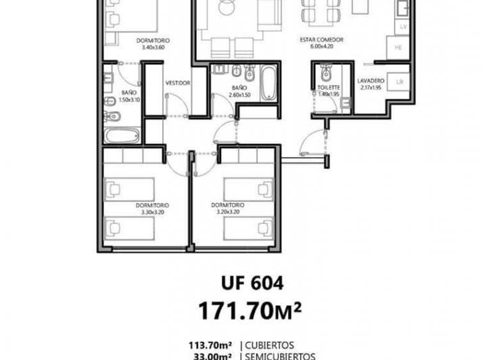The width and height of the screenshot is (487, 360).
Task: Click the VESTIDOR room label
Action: (x=177, y=83)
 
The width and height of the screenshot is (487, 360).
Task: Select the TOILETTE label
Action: (x=326, y=88)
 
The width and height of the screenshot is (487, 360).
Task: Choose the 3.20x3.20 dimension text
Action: (x=228, y=212)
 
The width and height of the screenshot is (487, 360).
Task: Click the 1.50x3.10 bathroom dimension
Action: (x=129, y=99)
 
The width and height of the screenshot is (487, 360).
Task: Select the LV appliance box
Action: (x=403, y=26)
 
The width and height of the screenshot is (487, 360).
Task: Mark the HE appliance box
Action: (x=399, y=47)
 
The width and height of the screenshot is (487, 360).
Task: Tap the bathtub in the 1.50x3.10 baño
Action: (x=122, y=136)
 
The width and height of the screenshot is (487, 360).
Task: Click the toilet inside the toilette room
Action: (x=325, y=72)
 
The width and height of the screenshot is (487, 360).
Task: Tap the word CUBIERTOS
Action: (x=277, y=342)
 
